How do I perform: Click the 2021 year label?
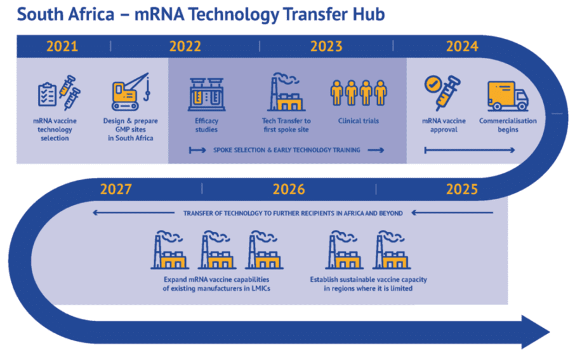[62, 46]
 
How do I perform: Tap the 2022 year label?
[185, 46]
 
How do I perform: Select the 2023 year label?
[326, 46]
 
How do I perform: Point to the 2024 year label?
[462, 46]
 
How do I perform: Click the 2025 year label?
[462, 189]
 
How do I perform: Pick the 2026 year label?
[289, 189]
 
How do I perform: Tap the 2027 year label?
[116, 189]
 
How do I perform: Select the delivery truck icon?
[507, 96]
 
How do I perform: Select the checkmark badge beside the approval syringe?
[433, 84]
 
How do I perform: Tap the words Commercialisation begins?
[507, 125]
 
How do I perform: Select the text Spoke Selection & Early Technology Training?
[287, 150]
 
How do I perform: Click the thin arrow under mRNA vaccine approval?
[470, 150]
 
